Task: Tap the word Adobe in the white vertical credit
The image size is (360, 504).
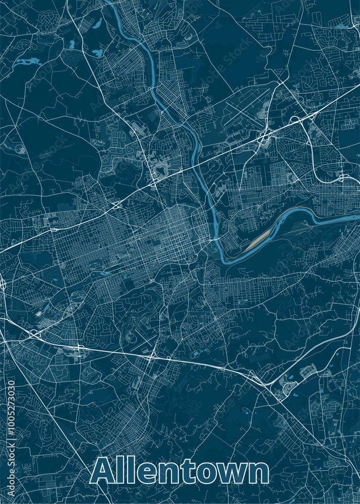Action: pos(12,483)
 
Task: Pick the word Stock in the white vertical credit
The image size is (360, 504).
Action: pos(12,456)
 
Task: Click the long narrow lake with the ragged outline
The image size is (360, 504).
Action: pos(26,62)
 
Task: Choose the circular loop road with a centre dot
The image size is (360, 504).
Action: pos(20,149)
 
